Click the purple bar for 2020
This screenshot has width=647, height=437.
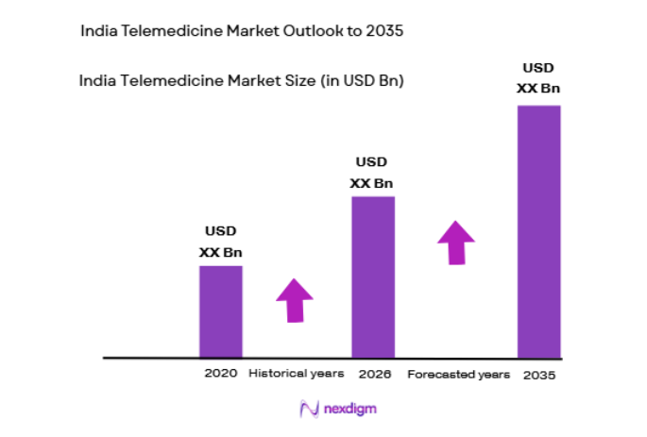(x=220, y=311)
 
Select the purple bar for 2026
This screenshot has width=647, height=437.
(x=373, y=277)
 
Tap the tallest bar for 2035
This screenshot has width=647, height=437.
(x=539, y=231)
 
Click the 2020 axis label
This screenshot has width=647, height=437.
(x=220, y=374)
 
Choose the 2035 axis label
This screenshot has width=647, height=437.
(x=539, y=375)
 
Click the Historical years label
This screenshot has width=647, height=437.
(x=297, y=374)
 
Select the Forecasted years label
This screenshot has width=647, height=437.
(x=458, y=375)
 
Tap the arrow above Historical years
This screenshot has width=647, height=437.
(x=295, y=301)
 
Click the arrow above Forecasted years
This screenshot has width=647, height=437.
(x=456, y=243)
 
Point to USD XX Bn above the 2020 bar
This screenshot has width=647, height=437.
(x=220, y=242)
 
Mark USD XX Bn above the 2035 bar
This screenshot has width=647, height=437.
(x=539, y=78)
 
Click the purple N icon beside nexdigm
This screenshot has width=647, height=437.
(x=309, y=409)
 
